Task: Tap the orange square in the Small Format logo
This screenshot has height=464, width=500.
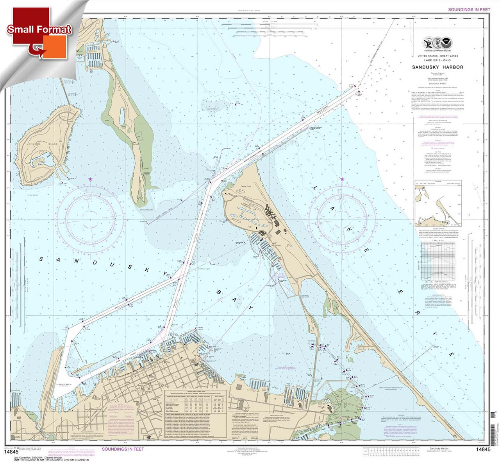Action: pyautogui.click(x=54, y=47)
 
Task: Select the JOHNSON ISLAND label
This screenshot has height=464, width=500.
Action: pyautogui.click(x=47, y=144)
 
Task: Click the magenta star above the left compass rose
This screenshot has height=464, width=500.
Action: pyautogui.click(x=90, y=179)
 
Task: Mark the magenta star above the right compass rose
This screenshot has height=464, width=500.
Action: pyautogui.click(x=342, y=179)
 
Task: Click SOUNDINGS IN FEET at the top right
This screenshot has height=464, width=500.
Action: pyautogui.click(x=469, y=9)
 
